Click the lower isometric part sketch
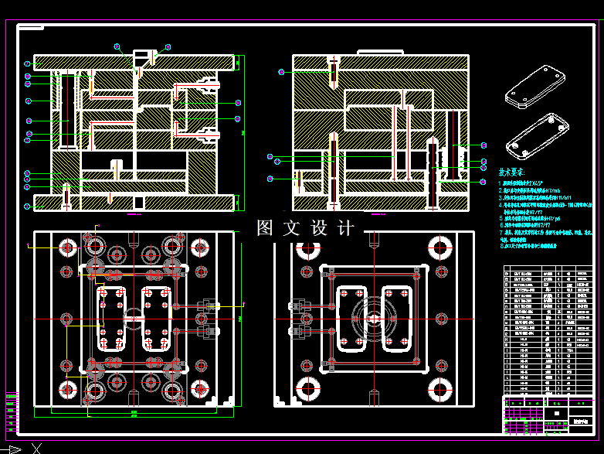point(534,133)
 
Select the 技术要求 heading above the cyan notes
point(511,172)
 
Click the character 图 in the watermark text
point(265,228)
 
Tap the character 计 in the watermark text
point(346,228)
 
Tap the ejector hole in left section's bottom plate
point(138,203)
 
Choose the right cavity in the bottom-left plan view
point(157,318)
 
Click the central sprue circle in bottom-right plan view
point(374,318)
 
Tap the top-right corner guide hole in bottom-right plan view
point(439,249)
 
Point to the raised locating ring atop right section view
point(380,52)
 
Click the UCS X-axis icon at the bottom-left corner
point(34,448)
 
